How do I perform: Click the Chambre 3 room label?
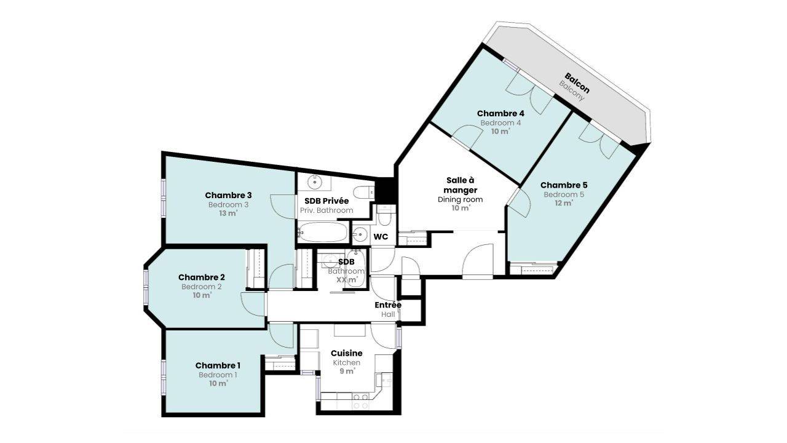[x=228, y=195]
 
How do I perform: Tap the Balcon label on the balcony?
[x=577, y=83]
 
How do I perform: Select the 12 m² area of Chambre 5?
[x=564, y=203]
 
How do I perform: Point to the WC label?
[x=381, y=237]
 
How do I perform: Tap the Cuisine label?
[x=346, y=353]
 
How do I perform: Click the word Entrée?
[x=388, y=305]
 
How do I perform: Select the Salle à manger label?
[x=461, y=185]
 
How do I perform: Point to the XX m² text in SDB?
[x=347, y=280]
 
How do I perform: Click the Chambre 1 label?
[x=218, y=365]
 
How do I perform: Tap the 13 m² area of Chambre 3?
[x=228, y=214]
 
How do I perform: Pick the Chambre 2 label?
[x=202, y=277]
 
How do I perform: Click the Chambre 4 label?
[x=500, y=114]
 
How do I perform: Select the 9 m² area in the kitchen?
[x=347, y=371]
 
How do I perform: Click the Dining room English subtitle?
[x=461, y=199]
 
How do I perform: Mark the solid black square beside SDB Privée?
[x=386, y=190]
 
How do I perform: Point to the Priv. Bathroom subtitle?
[x=326, y=210]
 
